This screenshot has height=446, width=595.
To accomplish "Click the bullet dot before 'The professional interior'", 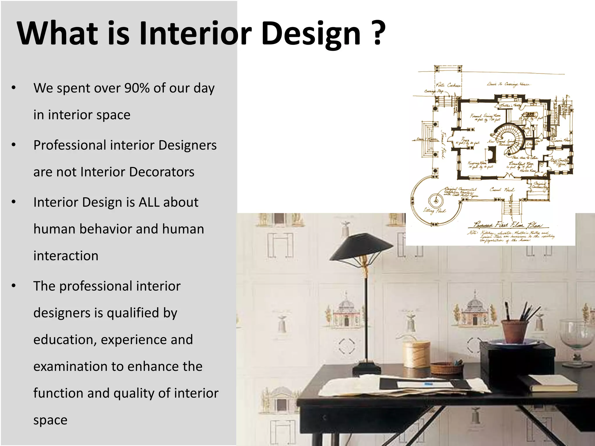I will (14, 286).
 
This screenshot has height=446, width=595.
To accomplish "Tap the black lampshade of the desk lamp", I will (360, 247).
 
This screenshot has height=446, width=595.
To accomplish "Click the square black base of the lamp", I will (367, 368).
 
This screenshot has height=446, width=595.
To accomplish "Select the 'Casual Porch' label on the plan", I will (502, 190).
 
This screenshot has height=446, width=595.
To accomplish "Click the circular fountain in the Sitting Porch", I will (436, 201).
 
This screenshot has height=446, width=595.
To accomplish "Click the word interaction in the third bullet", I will (66, 256).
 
